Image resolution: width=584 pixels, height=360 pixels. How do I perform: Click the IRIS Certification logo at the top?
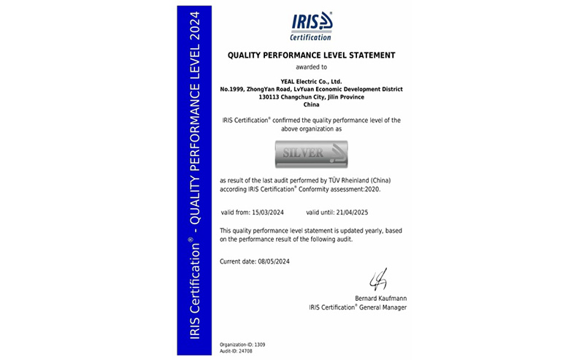click(312, 26)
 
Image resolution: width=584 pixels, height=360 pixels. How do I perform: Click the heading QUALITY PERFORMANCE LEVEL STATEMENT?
click(312, 55)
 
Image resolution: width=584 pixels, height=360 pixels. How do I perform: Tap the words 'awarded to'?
click(312, 66)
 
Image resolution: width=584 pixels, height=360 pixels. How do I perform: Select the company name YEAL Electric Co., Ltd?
click(312, 81)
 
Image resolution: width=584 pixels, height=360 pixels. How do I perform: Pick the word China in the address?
click(312, 104)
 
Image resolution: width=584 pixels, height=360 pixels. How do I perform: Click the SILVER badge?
click(312, 153)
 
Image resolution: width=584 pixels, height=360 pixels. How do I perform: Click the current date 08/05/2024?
click(272, 261)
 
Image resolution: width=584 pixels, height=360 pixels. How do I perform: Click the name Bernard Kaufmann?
click(379, 299)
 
